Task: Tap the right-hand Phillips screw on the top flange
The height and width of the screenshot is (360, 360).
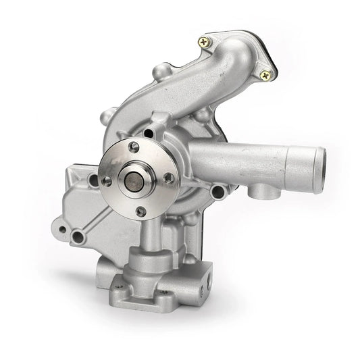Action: tap(265, 76)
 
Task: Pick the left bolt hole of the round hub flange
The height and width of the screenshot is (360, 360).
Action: tap(106, 181)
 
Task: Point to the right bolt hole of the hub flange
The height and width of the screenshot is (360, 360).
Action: tap(168, 178)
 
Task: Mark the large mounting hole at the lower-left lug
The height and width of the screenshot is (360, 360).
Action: tap(78, 236)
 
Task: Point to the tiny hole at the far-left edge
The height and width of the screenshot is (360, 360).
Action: tap(62, 229)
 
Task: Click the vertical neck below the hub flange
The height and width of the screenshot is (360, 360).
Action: tap(153, 233)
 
